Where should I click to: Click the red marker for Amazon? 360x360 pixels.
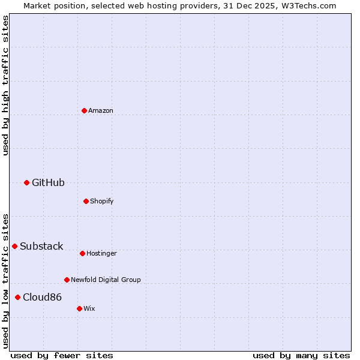[84, 110]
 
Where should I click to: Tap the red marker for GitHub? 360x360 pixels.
[26, 182]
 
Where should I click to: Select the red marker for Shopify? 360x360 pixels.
[86, 201]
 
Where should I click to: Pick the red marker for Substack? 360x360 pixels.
[14, 246]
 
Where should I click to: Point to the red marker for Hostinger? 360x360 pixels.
[82, 253]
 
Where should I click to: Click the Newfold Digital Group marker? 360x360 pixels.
[67, 280]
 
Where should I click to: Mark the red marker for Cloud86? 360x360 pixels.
[17, 297]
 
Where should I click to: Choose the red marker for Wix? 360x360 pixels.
[79, 308]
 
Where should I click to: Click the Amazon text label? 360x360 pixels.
[101, 110]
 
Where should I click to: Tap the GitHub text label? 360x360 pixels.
[48, 182]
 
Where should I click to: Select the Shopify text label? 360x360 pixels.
[102, 201]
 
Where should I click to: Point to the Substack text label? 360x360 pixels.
[41, 246]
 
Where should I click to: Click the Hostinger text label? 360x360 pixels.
[101, 253]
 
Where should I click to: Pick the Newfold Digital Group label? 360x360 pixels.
[106, 280]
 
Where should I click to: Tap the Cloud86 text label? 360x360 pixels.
[42, 297]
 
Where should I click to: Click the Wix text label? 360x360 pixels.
[89, 308]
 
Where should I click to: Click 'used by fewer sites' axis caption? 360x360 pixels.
[62, 355]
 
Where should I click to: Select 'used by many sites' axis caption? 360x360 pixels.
[301, 355]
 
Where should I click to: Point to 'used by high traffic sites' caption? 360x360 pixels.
[5, 85]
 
